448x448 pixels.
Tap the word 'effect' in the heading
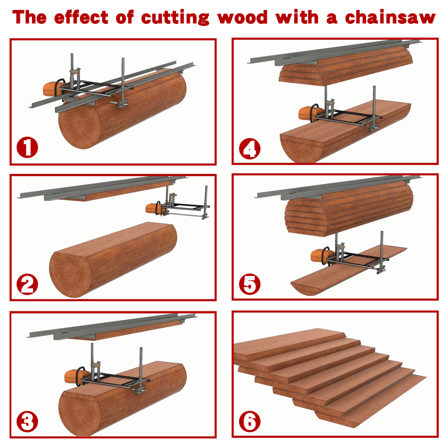click(x=81, y=17)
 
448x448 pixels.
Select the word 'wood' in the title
click(x=242, y=17)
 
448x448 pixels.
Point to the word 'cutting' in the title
click(x=175, y=18)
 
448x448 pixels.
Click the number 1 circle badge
click(x=27, y=147)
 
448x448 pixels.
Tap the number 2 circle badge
click(x=27, y=284)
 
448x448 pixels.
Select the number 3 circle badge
click(x=27, y=422)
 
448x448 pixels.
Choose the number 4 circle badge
click(x=250, y=149)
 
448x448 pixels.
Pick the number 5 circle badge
click(x=250, y=284)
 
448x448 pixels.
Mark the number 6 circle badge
click(x=250, y=422)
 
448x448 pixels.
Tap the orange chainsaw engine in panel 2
click(x=153, y=208)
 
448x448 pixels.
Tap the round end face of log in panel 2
click(x=70, y=274)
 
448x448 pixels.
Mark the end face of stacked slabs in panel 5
click(x=305, y=217)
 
